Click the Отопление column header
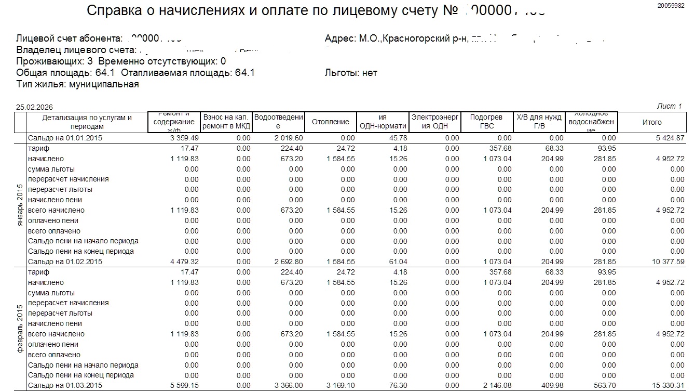pos(330,122)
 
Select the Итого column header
pos(652,122)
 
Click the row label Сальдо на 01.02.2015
pos(65,262)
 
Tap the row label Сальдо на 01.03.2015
pos(65,385)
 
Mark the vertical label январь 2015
pos(20,204)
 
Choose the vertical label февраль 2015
pos(20,329)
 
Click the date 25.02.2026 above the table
pos(34,107)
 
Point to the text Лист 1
pos(669,106)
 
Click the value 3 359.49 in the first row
pos(184,138)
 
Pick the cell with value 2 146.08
pos(497,385)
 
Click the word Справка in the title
pos(116,11)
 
